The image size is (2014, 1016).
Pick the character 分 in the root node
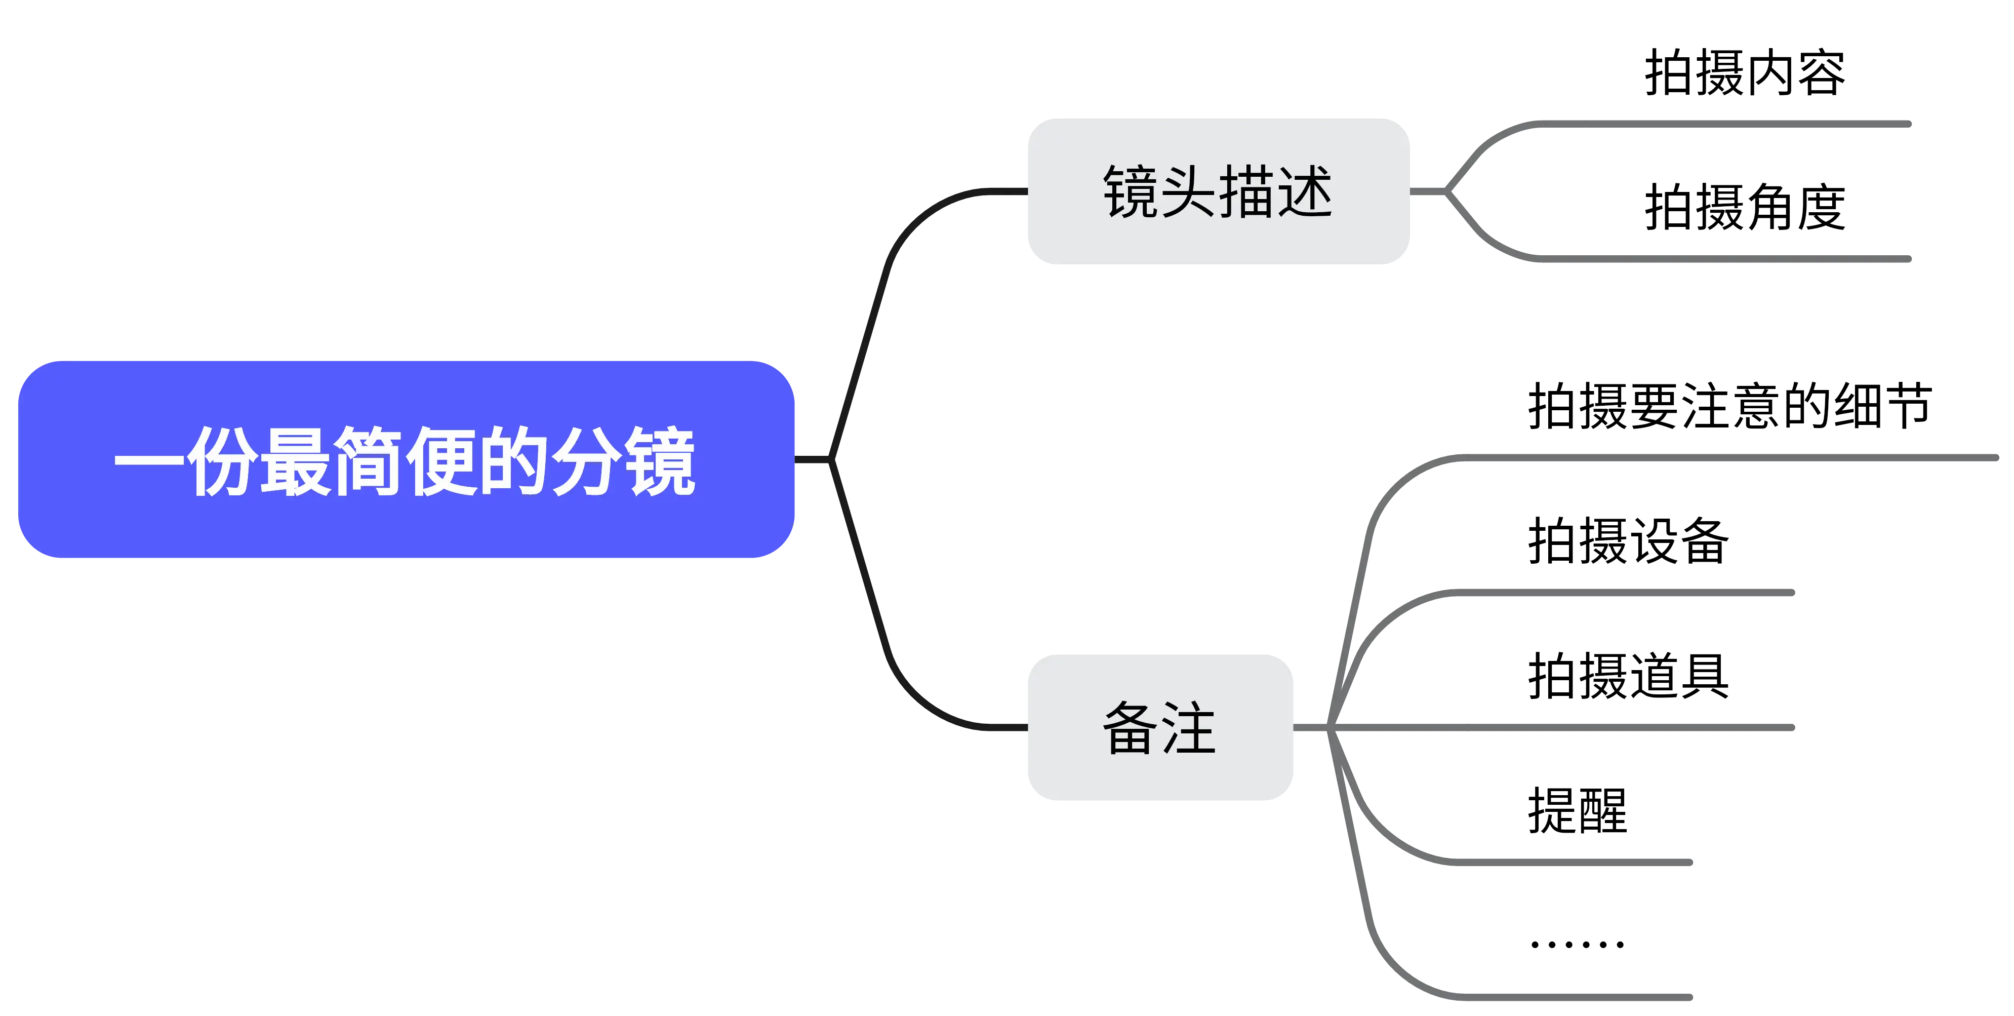tap(586, 461)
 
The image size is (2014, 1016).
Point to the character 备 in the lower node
tap(1132, 727)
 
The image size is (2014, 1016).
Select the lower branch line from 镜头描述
tap(1720, 259)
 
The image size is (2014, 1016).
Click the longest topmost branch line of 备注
tap(1720, 457)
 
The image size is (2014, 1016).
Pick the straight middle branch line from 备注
tap(1564, 727)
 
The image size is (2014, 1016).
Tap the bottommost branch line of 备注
tap(1564, 997)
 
